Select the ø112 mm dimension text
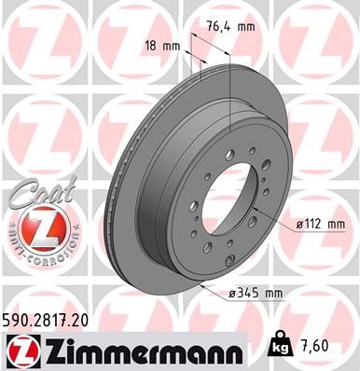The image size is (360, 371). click(320, 224)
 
